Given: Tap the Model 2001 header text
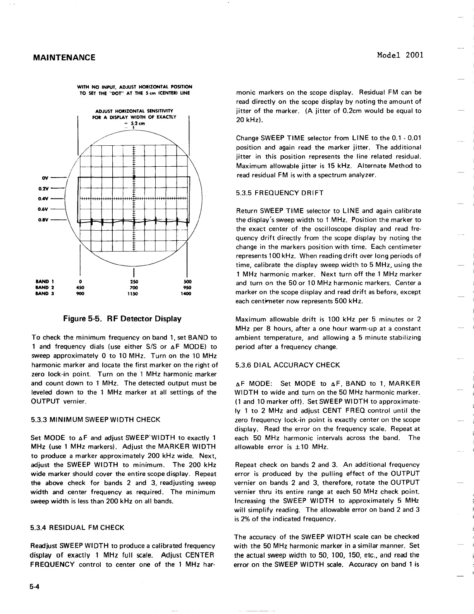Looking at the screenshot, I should [400, 55].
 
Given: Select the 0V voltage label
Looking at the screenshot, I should [45, 178].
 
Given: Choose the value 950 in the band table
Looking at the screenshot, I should [187, 287].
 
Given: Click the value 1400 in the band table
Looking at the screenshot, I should [186, 293].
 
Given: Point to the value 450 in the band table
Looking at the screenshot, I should [80, 287].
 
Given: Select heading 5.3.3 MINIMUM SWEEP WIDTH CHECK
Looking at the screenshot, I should [95, 419].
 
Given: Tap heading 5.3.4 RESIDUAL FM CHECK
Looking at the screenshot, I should [77, 528].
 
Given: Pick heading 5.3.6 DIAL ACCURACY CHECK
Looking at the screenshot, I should [288, 365].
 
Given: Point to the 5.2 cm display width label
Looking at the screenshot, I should [134, 124].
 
